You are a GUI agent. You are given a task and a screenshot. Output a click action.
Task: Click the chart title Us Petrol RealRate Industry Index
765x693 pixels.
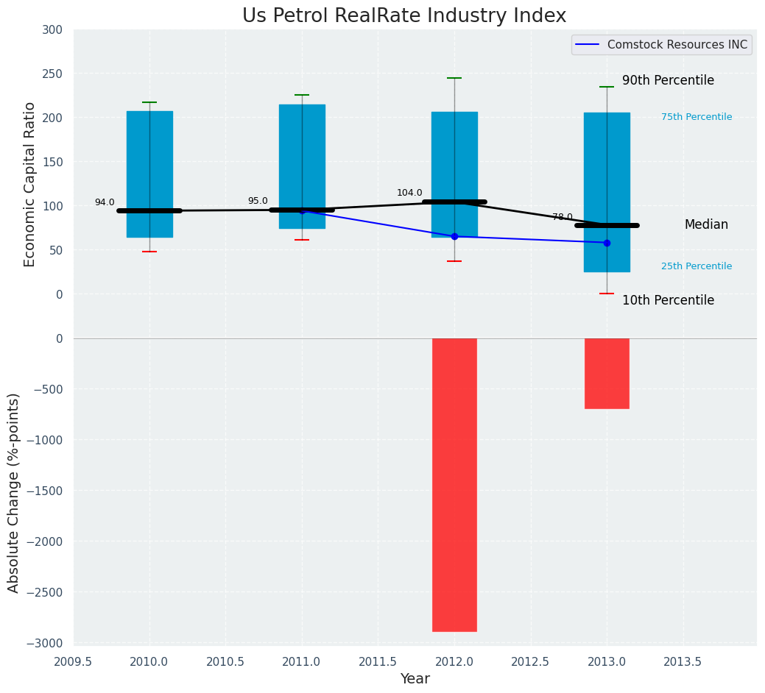[404, 16]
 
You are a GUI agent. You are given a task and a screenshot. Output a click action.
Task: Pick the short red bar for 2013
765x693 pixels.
[607, 373]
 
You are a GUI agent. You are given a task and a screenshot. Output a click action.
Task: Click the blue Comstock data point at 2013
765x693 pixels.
[607, 243]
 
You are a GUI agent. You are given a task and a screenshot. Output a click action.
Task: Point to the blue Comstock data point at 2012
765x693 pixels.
[454, 236]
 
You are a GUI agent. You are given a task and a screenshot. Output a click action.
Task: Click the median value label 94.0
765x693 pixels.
[105, 203]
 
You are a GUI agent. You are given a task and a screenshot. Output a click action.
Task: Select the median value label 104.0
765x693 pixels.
[409, 193]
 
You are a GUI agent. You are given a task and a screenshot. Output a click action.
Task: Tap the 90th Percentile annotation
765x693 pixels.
[668, 81]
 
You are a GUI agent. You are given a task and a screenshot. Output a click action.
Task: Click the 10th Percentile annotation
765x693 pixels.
[668, 301]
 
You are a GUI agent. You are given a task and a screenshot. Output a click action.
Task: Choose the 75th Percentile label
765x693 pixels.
[696, 117]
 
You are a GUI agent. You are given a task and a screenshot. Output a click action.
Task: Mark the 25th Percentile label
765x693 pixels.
[696, 266]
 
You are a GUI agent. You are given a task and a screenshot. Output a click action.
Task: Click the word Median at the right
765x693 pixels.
[706, 225]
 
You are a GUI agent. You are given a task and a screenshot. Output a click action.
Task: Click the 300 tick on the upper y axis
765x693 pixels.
[53, 30]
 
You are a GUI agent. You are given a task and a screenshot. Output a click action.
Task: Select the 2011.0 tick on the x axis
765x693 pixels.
[302, 661]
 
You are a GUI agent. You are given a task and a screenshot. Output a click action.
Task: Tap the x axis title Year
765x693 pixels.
[415, 679]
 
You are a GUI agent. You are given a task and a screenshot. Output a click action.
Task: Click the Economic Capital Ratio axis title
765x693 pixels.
[29, 184]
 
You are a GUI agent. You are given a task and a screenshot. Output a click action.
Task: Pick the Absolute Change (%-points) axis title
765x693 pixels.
[14, 492]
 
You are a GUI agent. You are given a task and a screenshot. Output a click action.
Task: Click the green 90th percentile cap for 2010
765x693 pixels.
[149, 102]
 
